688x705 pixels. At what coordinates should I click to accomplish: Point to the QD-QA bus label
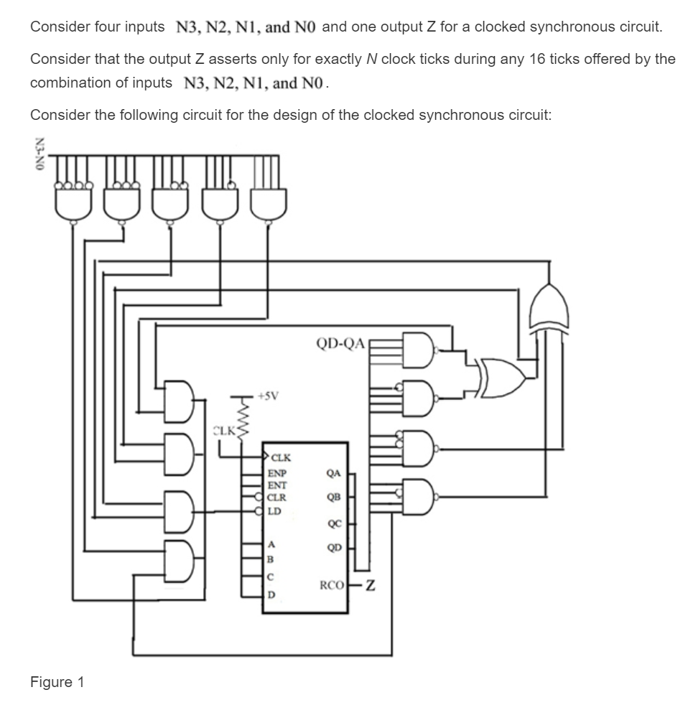pos(340,342)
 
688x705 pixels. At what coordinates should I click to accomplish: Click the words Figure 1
pos(57,682)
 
